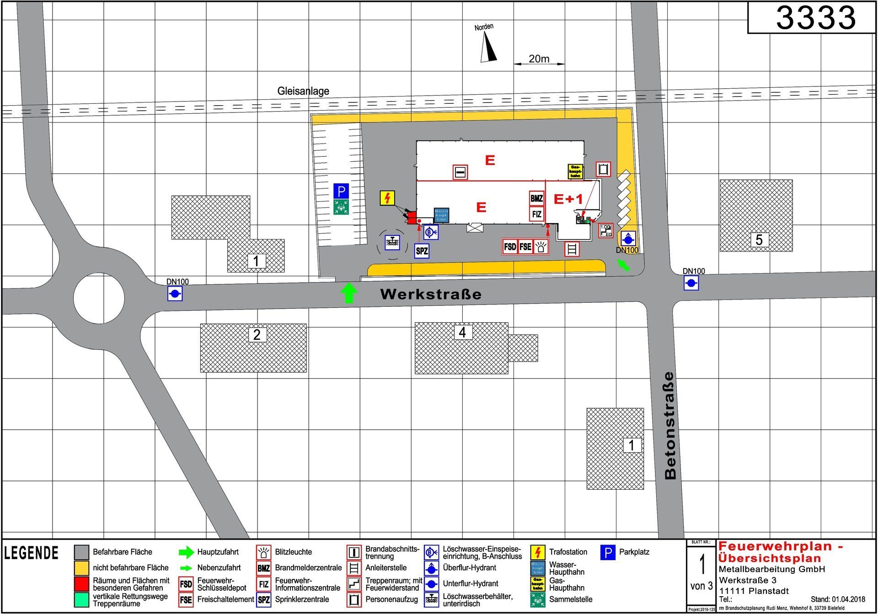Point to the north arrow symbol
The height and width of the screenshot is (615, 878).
click(488, 48)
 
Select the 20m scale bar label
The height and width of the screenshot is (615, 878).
click(539, 59)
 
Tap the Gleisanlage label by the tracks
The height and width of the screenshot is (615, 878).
click(303, 91)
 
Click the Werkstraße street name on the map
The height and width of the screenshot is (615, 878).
click(431, 294)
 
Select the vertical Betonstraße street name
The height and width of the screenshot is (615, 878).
click(670, 425)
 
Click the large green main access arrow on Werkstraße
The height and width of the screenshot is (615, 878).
click(349, 293)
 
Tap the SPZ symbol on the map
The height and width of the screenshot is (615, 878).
click(422, 251)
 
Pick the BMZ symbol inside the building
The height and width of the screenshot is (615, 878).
click(536, 198)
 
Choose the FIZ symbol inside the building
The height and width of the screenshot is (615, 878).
click(536, 214)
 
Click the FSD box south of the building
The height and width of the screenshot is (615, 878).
click(509, 247)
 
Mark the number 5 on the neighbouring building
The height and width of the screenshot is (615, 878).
click(759, 240)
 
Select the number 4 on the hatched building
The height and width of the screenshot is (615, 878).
click(462, 332)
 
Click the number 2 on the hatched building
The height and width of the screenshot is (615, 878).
click(257, 335)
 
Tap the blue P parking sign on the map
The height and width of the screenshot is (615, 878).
click(341, 191)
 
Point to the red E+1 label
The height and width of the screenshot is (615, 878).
click(568, 199)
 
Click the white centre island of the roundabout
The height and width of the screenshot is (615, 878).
click(99, 299)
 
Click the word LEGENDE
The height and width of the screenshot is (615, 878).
click(32, 553)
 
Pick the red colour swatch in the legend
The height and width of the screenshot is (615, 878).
click(81, 583)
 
